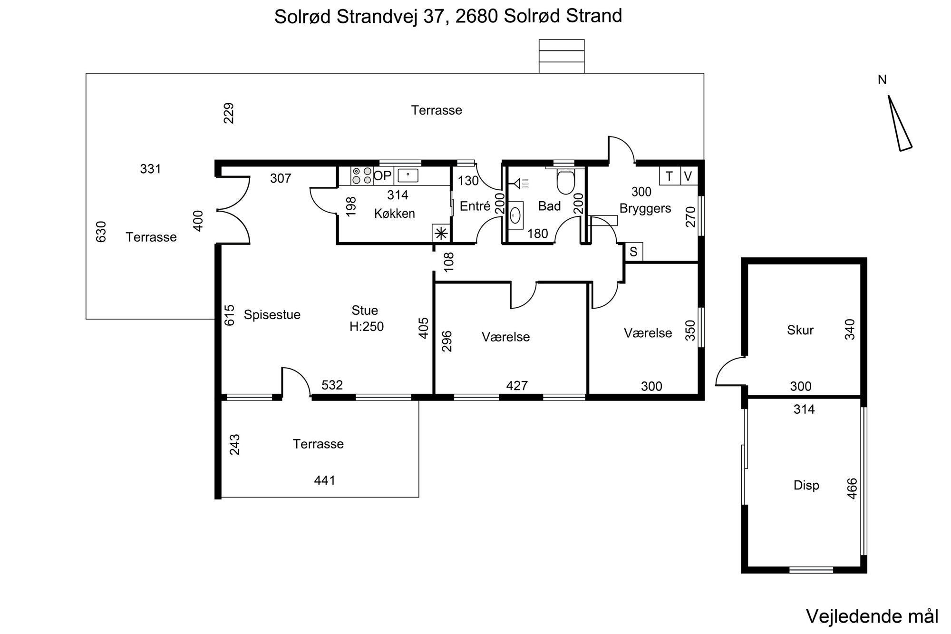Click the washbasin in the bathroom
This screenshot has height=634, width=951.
pos(515,215)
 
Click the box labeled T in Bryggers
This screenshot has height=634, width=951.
pos(670,176)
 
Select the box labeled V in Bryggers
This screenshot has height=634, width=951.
pos(688,176)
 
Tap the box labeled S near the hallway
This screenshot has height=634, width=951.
pos(633,252)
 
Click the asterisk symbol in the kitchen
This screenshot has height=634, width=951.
pos(441,234)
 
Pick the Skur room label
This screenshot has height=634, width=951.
pos(800,330)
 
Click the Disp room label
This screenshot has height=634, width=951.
pos(806,485)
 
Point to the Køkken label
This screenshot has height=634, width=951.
pos(395,214)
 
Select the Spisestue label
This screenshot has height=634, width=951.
pos(272,315)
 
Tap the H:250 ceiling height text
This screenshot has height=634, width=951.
pos(367,327)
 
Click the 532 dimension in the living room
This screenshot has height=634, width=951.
pos(332,385)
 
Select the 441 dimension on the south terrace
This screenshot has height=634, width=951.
pos(325,480)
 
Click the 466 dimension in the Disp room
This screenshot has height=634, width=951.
pos(852,488)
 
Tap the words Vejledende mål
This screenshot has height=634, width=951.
pos(873,616)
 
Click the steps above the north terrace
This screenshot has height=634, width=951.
pos(562,56)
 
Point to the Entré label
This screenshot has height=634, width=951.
pos(475,206)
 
